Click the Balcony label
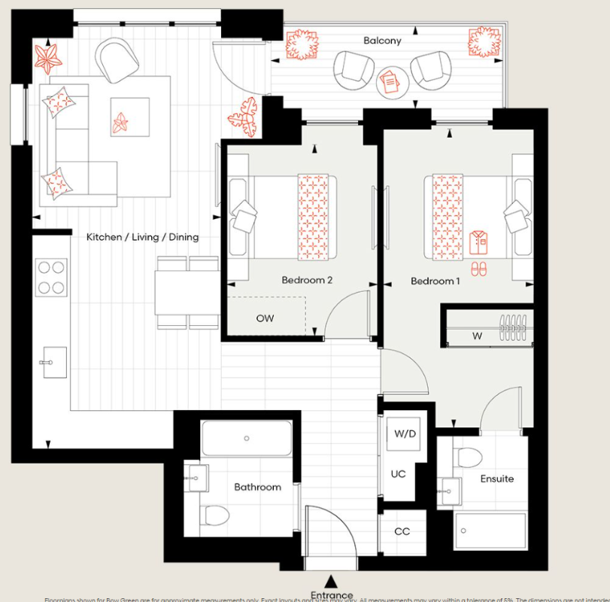pos(382,41)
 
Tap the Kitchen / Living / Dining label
pos(142,237)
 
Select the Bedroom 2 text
pos(307,281)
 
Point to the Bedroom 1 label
pos(435,281)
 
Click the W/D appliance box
pos(404,435)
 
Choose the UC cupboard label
pos(398,474)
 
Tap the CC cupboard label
pos(402,531)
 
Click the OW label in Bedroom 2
pos(265,318)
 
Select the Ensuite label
pos(497,479)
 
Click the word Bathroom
pos(257,487)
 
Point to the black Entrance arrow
pos(331,580)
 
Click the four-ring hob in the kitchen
pos(51,277)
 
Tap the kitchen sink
pos(51,362)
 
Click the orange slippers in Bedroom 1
pos(478,268)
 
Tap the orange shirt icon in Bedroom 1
pos(478,242)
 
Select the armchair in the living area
pos(117,60)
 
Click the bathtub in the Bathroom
pos(246,438)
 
